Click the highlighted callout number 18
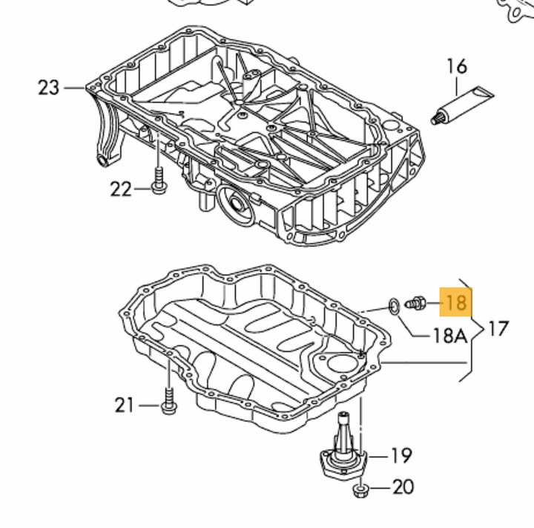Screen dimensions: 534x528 coord(455,302)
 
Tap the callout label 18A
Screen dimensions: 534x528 coord(449,336)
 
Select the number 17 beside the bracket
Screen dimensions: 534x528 coord(498,329)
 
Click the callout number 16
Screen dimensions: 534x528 coord(456,67)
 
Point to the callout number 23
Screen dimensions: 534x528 coord(49,88)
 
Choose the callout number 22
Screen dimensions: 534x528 coord(121,189)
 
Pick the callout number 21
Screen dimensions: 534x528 coord(124,405)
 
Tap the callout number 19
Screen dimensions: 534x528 coord(402,455)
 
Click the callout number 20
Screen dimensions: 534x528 coord(403,487)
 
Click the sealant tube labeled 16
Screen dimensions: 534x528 coord(463,105)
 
